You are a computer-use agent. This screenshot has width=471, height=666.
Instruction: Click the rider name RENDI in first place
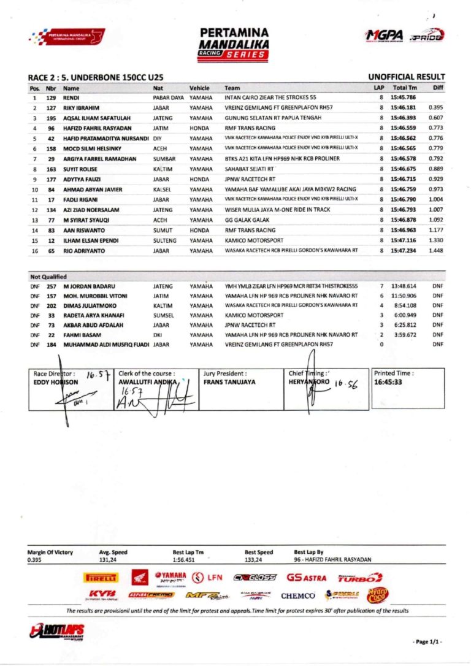(x=71, y=98)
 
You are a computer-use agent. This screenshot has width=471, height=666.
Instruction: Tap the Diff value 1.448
(x=436, y=251)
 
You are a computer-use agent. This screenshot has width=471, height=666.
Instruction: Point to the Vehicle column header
(x=200, y=88)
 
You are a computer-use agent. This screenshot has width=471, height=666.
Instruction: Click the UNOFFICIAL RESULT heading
(x=405, y=77)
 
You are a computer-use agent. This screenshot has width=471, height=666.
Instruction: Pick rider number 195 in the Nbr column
(x=52, y=117)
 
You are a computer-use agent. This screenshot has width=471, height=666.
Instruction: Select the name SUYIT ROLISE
(x=83, y=169)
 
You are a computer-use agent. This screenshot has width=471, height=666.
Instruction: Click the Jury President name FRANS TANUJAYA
(x=230, y=381)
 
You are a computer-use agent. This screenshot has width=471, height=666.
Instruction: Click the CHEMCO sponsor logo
(x=298, y=595)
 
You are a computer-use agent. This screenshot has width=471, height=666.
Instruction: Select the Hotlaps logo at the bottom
(x=58, y=632)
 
